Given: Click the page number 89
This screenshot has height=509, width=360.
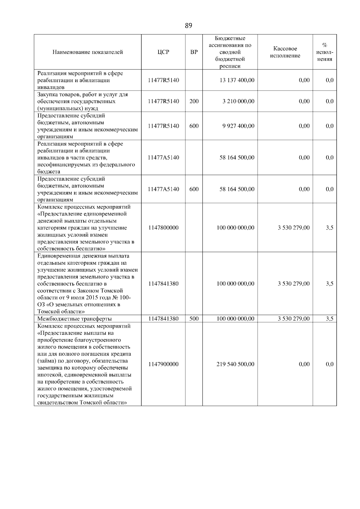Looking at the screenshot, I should (x=188, y=26).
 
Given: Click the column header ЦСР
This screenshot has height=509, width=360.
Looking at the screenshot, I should (x=163, y=52).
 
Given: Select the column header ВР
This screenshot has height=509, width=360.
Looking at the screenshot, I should (x=194, y=52).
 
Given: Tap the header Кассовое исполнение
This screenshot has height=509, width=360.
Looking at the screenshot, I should (x=285, y=52).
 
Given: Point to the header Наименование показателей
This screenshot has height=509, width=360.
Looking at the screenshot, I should (x=88, y=52).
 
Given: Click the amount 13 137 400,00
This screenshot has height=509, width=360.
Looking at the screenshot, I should (x=237, y=80).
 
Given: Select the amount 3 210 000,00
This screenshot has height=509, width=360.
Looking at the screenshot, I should (x=238, y=101).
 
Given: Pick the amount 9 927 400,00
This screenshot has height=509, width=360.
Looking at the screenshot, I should (x=238, y=126).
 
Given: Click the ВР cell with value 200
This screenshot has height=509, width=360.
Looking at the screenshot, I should (x=194, y=101).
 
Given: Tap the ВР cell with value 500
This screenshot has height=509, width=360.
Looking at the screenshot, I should (x=194, y=319).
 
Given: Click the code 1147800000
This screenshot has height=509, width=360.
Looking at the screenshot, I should (x=163, y=228).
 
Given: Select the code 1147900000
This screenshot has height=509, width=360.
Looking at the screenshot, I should (x=163, y=364).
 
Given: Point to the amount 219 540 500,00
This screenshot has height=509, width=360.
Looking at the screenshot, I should (x=235, y=364).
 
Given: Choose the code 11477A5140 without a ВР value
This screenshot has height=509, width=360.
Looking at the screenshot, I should (x=163, y=158).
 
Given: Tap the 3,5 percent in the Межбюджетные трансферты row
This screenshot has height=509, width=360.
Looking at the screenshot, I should (x=329, y=319).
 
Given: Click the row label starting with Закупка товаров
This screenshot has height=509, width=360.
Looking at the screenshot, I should (x=82, y=101).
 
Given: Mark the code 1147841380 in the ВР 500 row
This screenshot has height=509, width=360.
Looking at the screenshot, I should (x=163, y=319).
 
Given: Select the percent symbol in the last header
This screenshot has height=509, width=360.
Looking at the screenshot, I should (x=325, y=45).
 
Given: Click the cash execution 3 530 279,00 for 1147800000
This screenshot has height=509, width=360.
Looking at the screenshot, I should (x=293, y=228).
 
